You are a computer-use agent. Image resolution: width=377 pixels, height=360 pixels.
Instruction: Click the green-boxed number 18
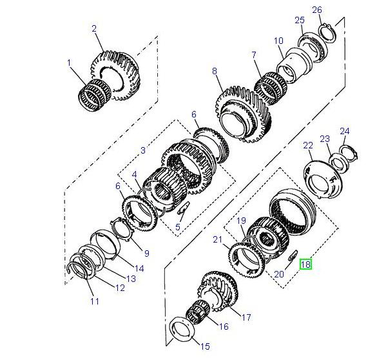[x=305, y=264]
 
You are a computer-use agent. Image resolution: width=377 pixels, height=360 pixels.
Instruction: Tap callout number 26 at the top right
[x=317, y=10]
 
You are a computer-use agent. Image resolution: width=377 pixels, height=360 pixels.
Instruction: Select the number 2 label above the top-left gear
[x=94, y=28]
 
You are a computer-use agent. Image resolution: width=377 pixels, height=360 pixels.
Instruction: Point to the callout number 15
[x=206, y=347]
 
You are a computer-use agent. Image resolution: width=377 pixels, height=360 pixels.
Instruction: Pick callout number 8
[x=215, y=70]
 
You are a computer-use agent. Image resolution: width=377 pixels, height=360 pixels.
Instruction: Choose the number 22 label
[x=307, y=145]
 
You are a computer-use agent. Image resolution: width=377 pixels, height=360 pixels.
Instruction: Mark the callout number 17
[x=246, y=317]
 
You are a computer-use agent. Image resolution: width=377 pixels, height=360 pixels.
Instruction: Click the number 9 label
[x=146, y=254]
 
